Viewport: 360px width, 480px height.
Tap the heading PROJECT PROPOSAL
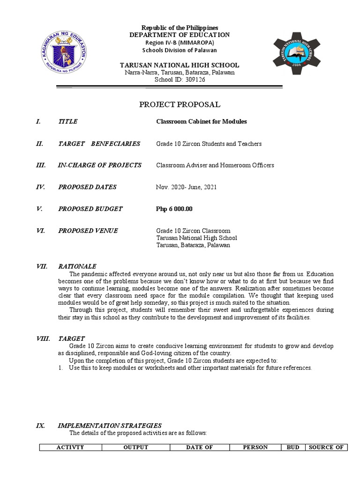tap(180, 104)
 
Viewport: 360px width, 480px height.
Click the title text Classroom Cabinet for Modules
tap(201, 121)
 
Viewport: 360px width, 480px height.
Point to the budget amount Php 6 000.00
tap(174, 209)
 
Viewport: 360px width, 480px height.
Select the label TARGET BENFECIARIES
tap(99, 143)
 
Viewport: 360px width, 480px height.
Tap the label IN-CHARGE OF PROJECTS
tap(99, 165)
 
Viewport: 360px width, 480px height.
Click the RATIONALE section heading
tap(77, 266)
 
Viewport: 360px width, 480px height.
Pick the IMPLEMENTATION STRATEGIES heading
tap(110, 425)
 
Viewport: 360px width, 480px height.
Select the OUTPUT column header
tap(136, 447)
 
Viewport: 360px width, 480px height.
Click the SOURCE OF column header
tap(326, 447)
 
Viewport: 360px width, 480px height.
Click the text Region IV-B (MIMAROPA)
tap(180, 43)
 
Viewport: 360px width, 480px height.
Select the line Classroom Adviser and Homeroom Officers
tap(215, 165)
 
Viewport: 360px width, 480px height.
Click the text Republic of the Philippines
tap(180, 28)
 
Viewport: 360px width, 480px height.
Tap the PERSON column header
tap(255, 447)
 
